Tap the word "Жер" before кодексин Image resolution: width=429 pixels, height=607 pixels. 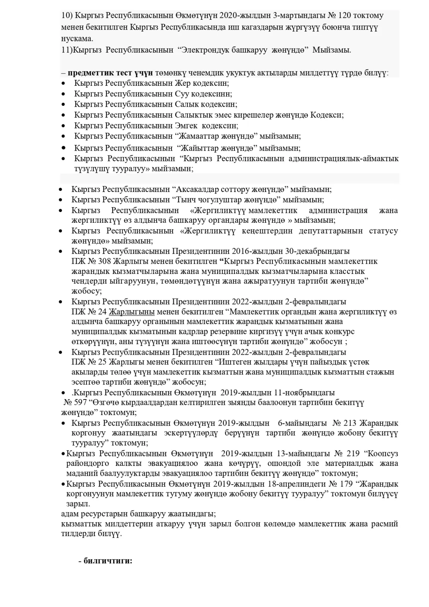click(183, 83)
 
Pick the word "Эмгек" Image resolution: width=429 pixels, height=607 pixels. click(186, 126)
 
